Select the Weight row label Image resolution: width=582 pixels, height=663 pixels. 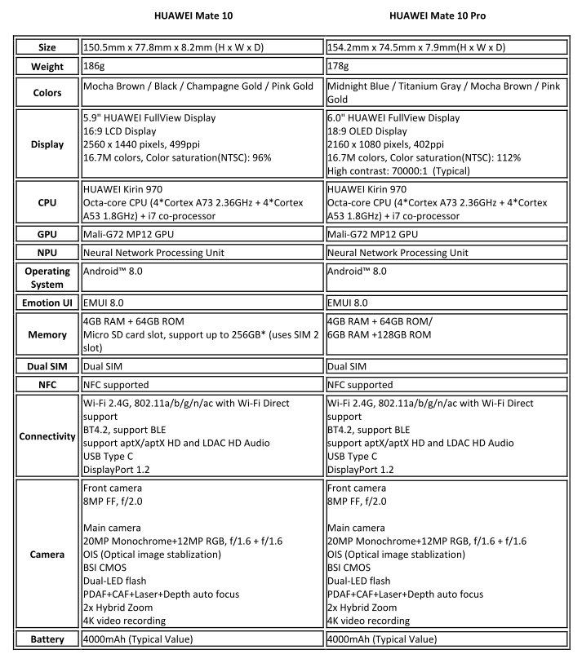(x=47, y=65)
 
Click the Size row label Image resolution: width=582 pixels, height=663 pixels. (x=47, y=46)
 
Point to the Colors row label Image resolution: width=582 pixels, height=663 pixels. (x=47, y=92)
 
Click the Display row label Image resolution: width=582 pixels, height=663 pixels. (x=47, y=145)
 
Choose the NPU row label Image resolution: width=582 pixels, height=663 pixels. (x=47, y=253)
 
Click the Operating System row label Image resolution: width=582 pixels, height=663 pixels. (x=47, y=278)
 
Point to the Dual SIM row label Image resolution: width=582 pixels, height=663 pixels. (x=47, y=367)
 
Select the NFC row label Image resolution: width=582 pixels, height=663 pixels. (x=47, y=385)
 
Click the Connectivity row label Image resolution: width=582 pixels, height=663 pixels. (x=47, y=436)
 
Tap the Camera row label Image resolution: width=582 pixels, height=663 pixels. (x=47, y=554)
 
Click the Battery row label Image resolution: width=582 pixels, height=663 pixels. (x=47, y=639)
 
